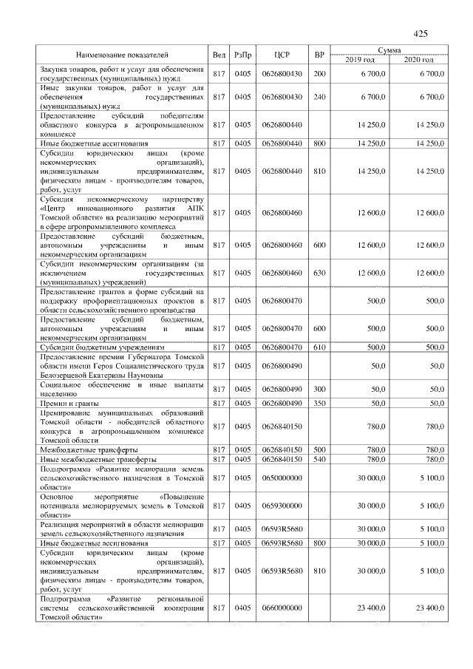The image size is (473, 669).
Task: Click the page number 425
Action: tap(421, 33)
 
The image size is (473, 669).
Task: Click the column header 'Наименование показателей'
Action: tap(122, 55)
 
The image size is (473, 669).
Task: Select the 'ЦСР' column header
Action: tap(282, 55)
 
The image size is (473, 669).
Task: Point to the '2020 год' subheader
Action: tap(418, 59)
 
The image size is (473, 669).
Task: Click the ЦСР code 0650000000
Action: tap(282, 478)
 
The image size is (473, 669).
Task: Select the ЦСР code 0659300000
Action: tap(282, 506)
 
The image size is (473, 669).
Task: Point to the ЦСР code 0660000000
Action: tap(282, 608)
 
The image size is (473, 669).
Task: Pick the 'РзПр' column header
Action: tap(242, 55)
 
